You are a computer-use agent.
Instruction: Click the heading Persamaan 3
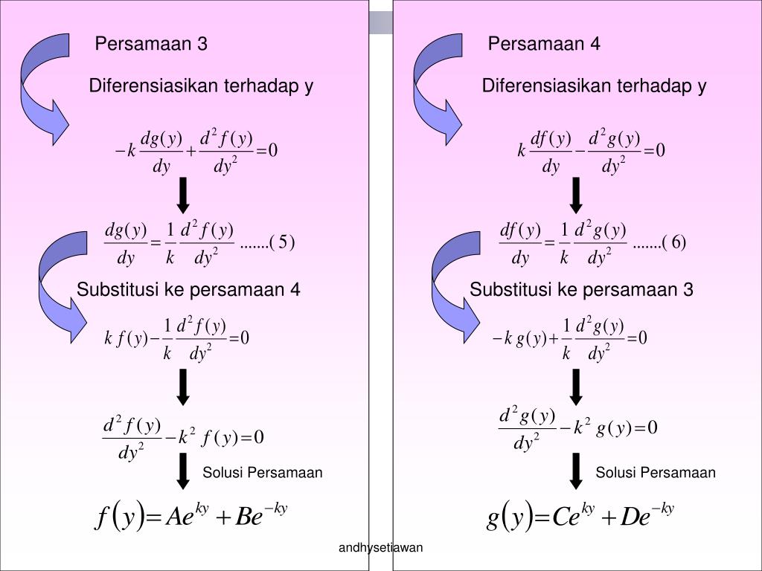click(151, 45)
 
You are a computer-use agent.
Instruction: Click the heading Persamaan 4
click(544, 45)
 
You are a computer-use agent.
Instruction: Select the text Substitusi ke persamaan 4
click(188, 289)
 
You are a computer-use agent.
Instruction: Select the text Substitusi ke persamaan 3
click(581, 289)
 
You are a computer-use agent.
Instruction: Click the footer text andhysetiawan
click(381, 548)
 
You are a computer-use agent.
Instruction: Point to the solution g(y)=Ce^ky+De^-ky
click(581, 515)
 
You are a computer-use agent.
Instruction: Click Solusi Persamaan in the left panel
click(263, 473)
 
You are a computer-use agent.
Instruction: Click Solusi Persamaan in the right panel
click(656, 473)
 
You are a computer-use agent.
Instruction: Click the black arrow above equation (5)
click(183, 194)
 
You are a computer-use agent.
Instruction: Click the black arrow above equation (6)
click(576, 194)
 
